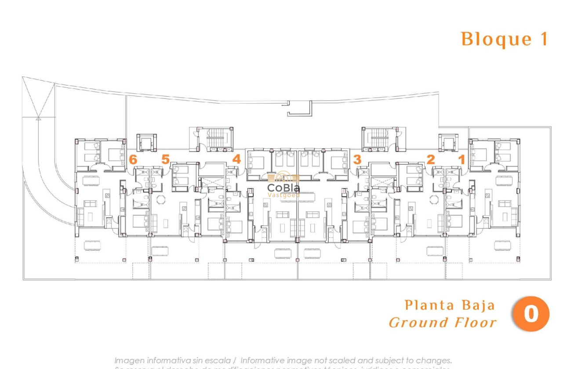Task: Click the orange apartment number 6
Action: pos(133,159)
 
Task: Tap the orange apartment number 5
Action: pos(165,159)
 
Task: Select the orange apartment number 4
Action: pos(236,159)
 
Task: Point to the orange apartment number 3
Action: pos(357,159)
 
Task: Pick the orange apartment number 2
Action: pos(430,159)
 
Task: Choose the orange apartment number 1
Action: pos(462,159)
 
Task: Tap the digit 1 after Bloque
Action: pos(544,39)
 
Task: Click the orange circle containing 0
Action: pos(531,314)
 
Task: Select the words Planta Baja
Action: pos(449,305)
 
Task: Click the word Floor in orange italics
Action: pos(476,323)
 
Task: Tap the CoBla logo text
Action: pos(283,188)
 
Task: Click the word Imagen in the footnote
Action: pos(130,361)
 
